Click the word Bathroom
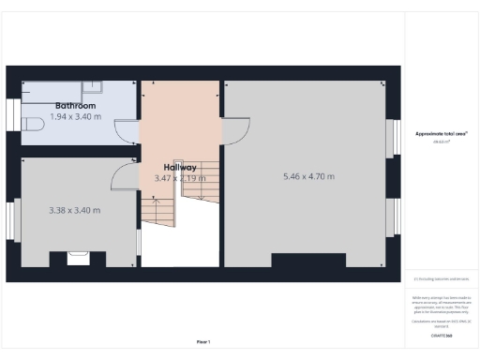click(75, 106)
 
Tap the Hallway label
click(180, 167)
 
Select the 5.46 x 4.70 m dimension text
click(308, 176)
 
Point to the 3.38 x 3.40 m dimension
click(74, 210)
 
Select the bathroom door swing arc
click(127, 135)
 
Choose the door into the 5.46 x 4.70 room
click(235, 130)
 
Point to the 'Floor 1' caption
click(203, 341)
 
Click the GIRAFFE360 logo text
click(442, 335)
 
